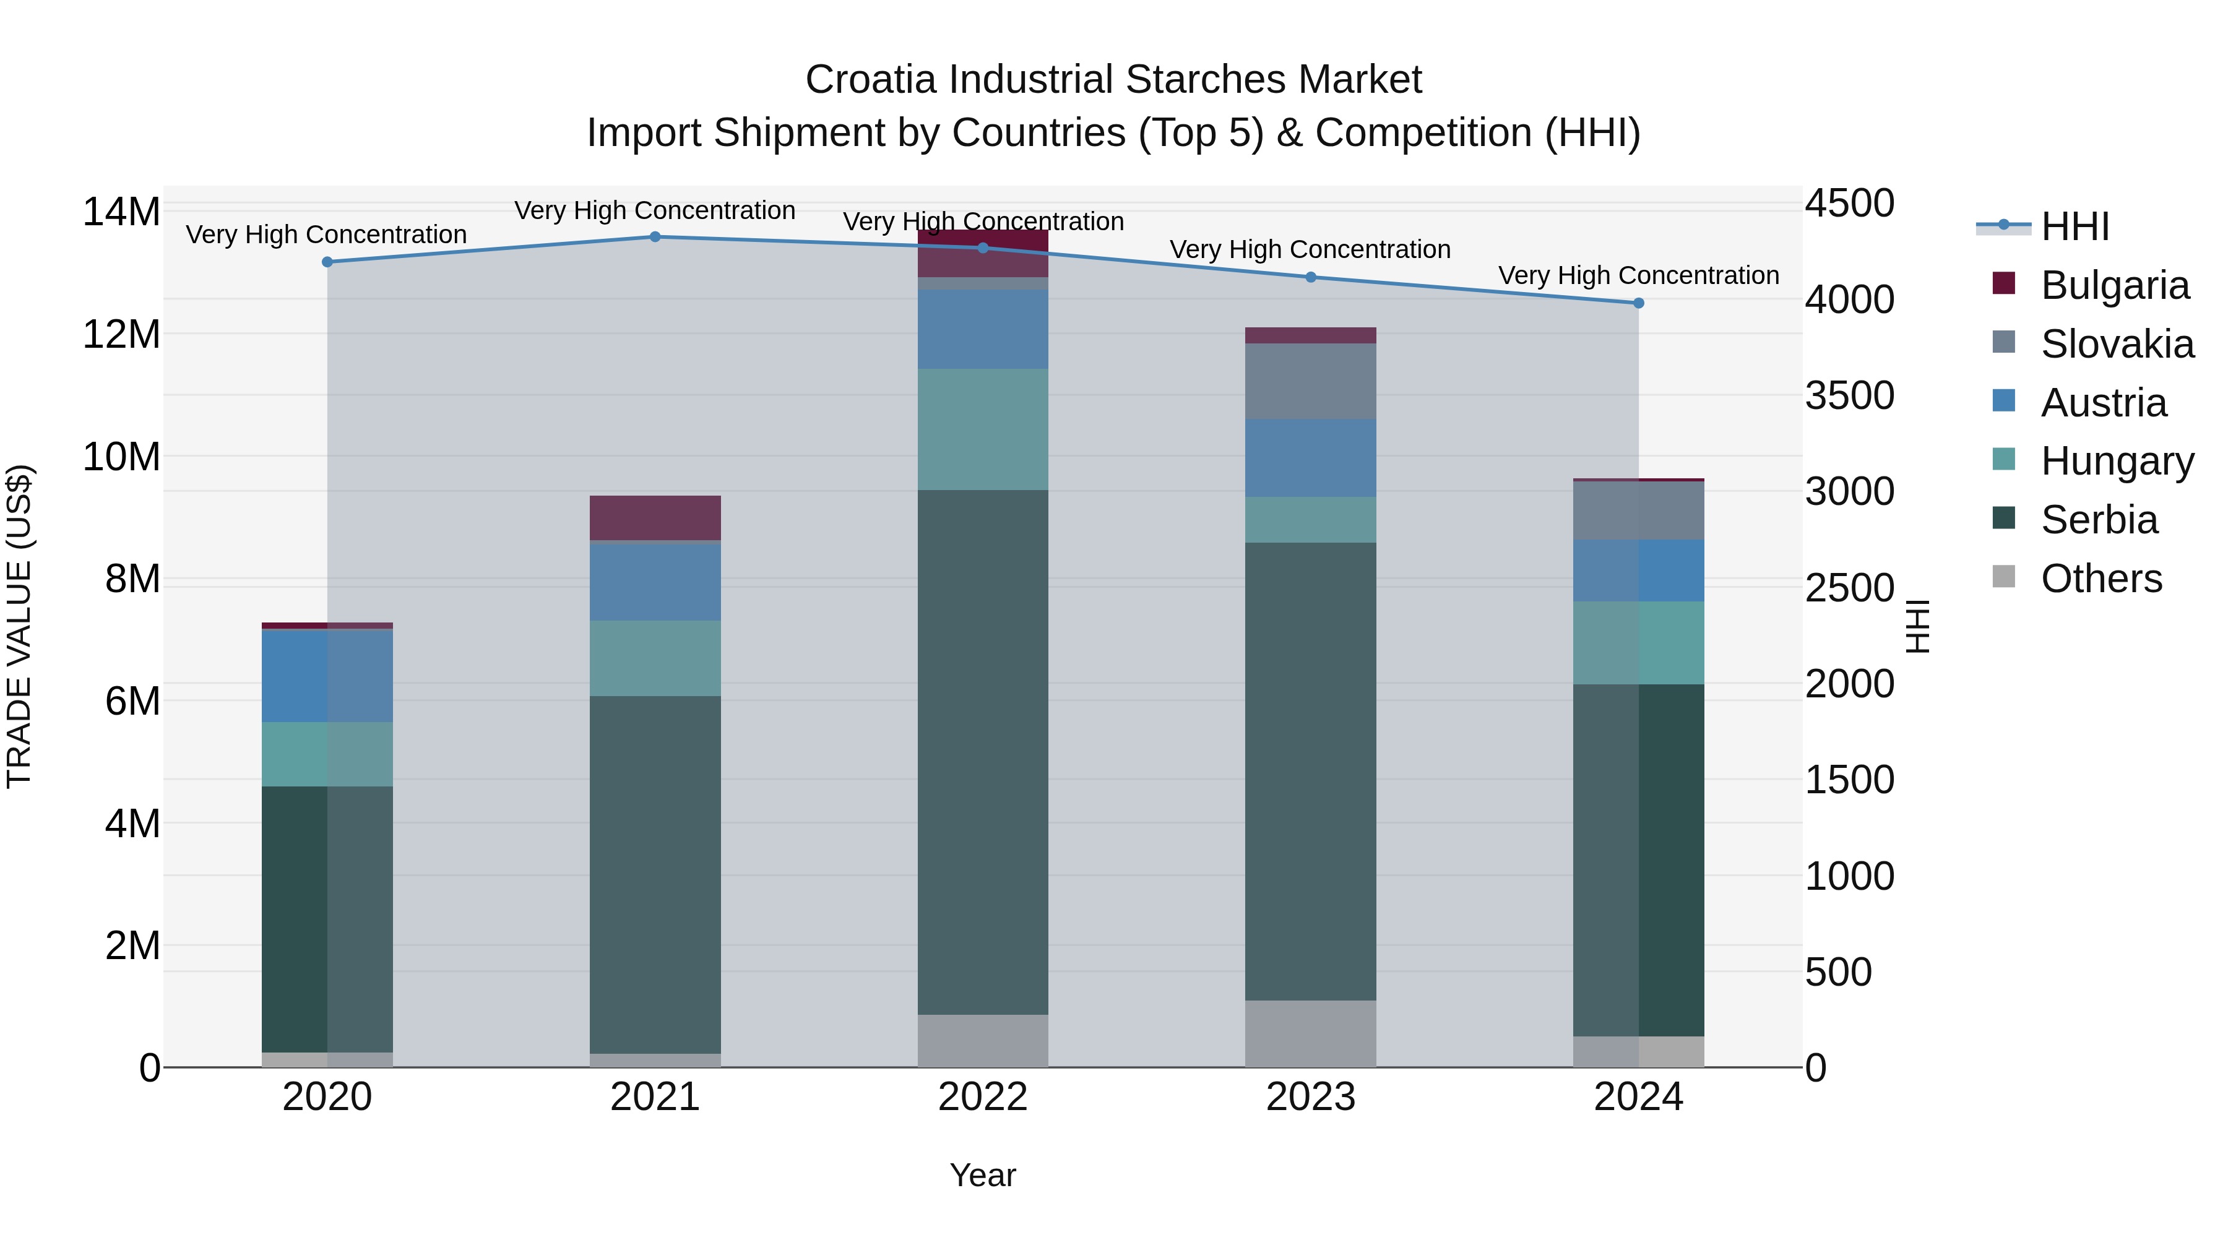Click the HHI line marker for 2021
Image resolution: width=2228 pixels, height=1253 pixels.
(x=655, y=237)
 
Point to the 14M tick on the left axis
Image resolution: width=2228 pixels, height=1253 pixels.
(x=121, y=212)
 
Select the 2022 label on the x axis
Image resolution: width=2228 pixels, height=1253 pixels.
(x=983, y=1097)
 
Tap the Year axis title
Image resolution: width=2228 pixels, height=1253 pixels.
(x=983, y=1175)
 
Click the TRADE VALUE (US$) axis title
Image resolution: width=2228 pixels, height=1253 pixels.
(x=20, y=626)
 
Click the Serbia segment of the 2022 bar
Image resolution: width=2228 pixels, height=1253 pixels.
(x=983, y=752)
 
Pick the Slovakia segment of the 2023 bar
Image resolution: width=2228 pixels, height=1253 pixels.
(x=1310, y=381)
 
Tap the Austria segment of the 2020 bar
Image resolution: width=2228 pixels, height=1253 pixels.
(x=327, y=676)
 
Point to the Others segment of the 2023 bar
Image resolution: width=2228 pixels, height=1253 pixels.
(x=1310, y=1033)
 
